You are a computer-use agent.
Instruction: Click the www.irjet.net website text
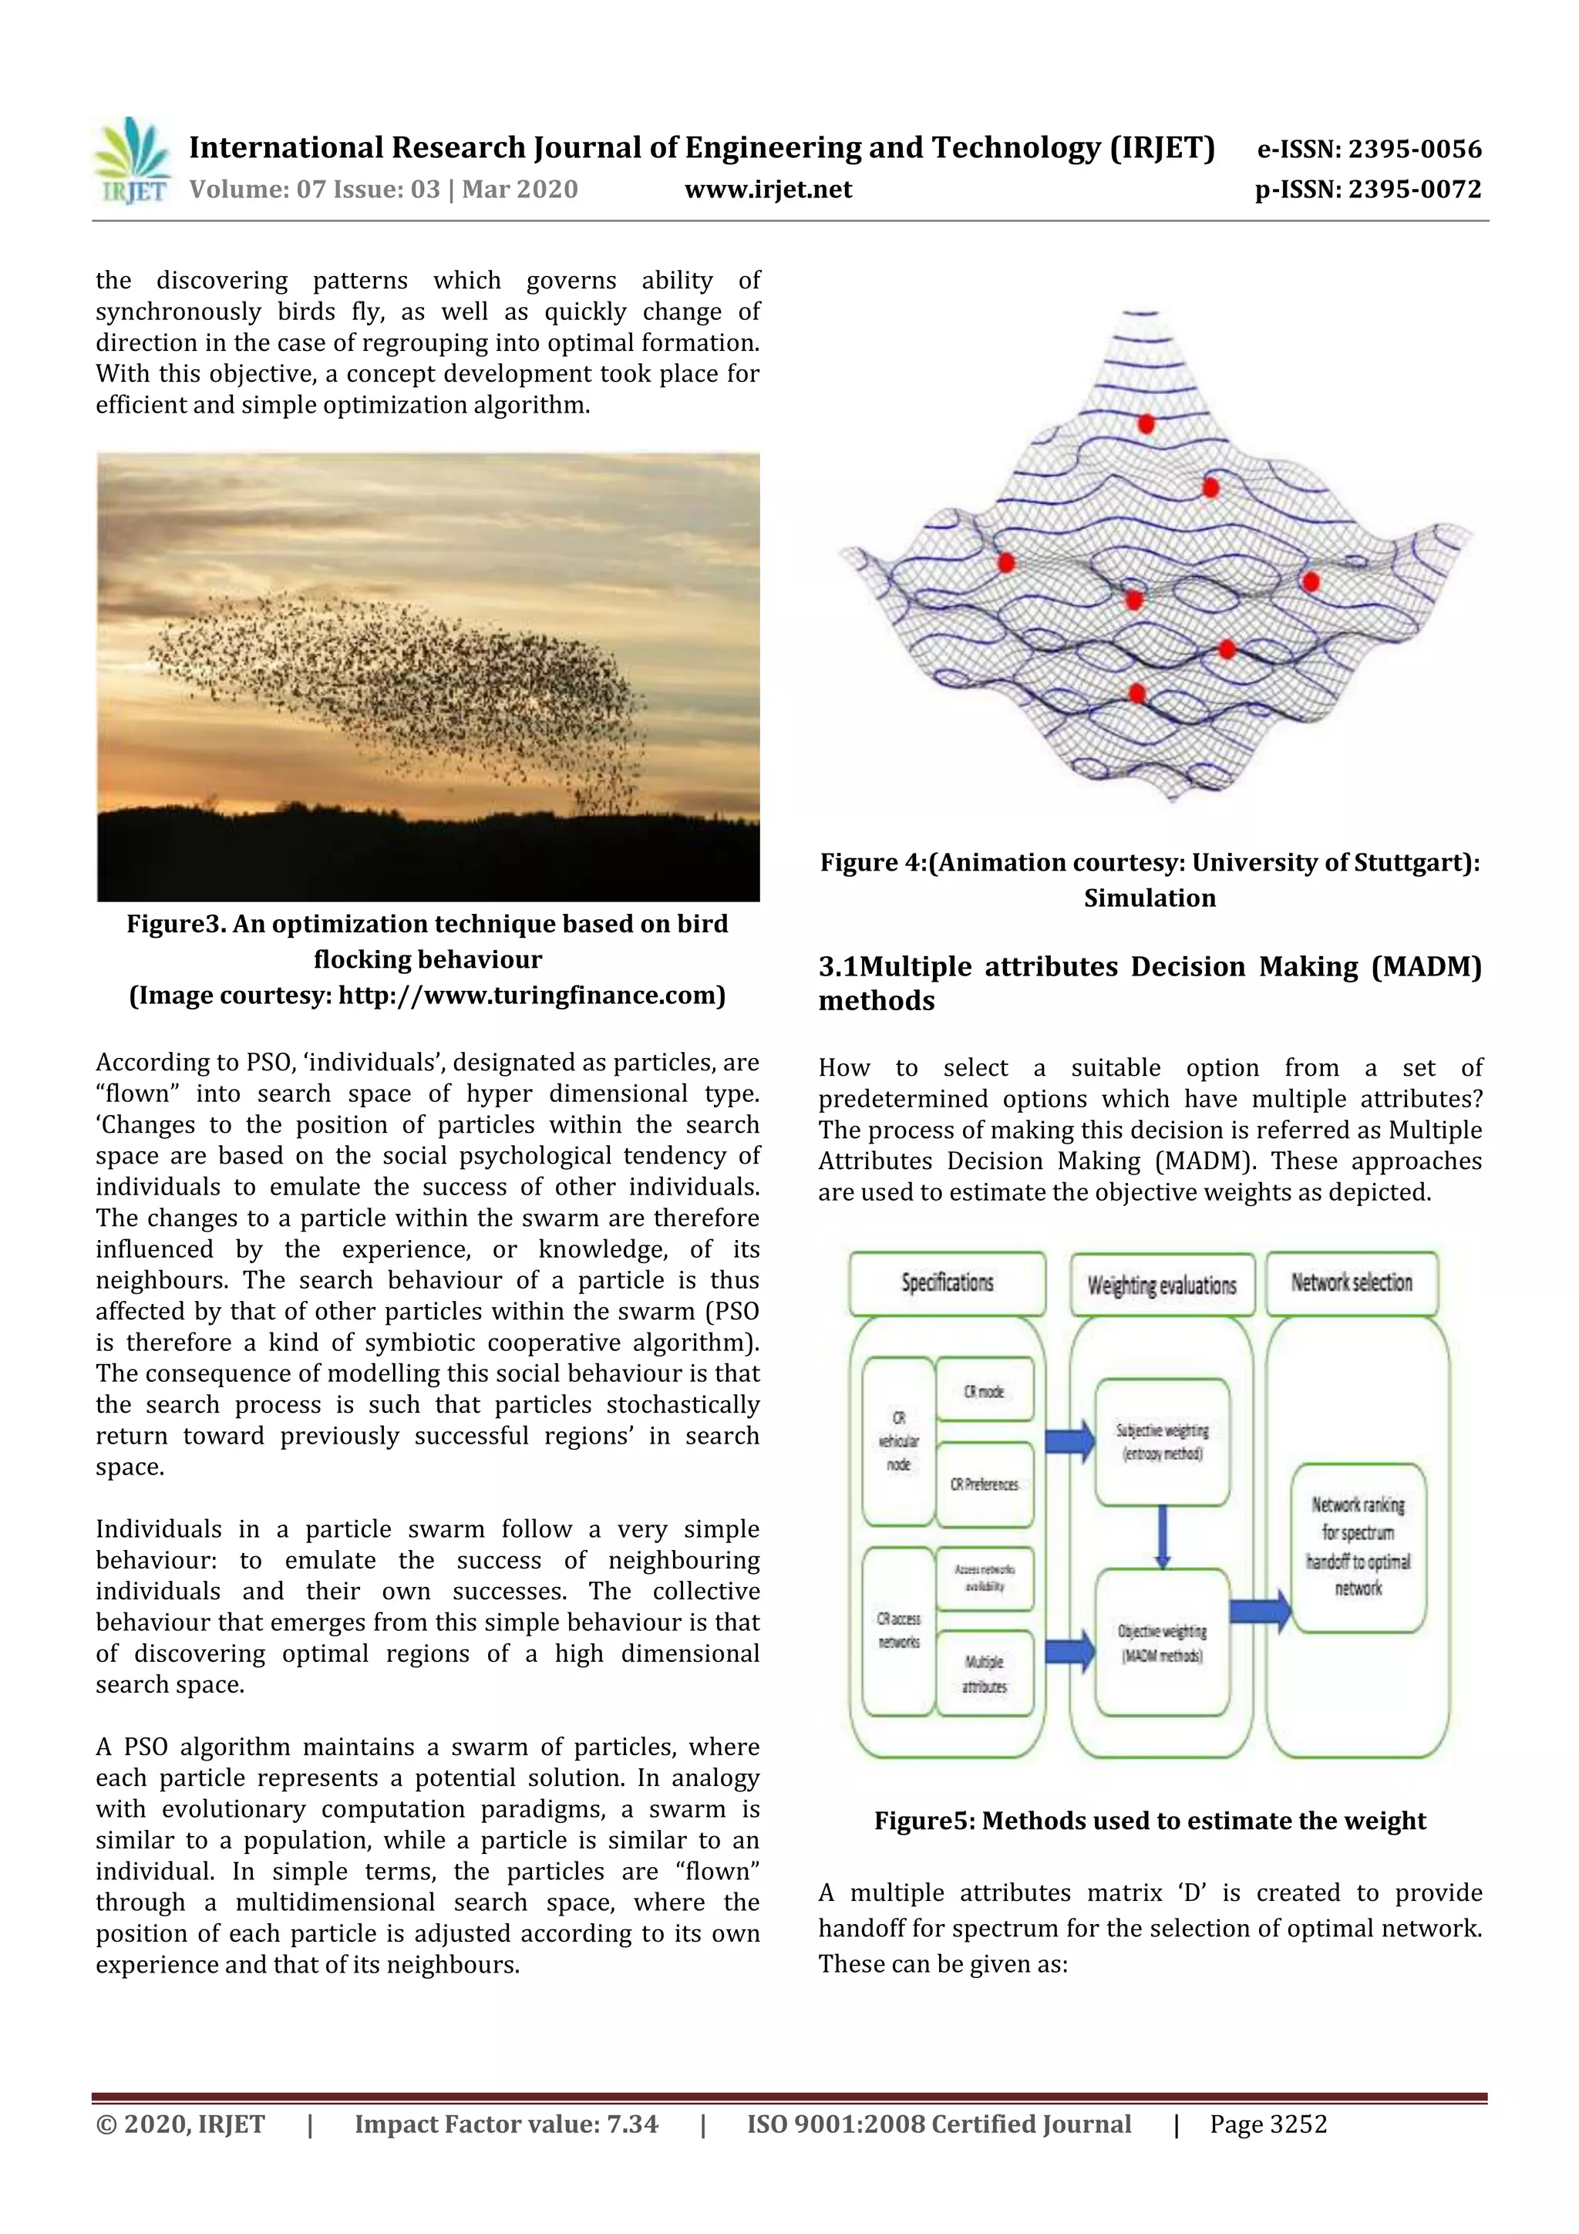(x=768, y=190)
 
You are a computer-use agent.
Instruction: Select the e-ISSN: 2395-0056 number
(x=1369, y=149)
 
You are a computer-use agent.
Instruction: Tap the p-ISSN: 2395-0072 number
(x=1367, y=190)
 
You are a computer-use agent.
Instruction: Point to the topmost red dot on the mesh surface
(x=1146, y=424)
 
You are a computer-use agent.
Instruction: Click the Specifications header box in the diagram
(x=947, y=1282)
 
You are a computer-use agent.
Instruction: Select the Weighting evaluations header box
(x=1162, y=1285)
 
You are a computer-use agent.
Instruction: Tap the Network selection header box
(x=1352, y=1282)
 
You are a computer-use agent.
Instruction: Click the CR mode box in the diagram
(x=984, y=1391)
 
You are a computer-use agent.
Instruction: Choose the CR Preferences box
(x=984, y=1484)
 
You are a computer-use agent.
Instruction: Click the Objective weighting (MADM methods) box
(x=1162, y=1643)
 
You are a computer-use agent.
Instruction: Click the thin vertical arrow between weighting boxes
(x=1162, y=1535)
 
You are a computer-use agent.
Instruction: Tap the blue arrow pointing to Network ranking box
(x=1259, y=1611)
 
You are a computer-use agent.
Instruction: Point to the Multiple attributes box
(x=984, y=1673)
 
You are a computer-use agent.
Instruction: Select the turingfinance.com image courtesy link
(x=530, y=996)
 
